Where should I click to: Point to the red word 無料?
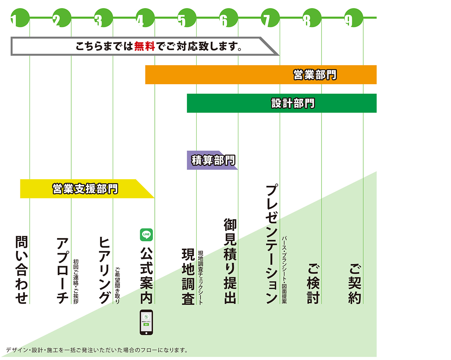tap(144, 47)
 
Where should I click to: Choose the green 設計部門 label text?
tap(293, 103)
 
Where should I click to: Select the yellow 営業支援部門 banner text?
tap(85, 189)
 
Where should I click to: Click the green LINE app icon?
tap(146, 234)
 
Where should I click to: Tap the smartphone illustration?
tap(146, 322)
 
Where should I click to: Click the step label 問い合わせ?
tap(21, 270)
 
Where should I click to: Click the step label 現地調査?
tap(188, 276)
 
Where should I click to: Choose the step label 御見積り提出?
tap(230, 261)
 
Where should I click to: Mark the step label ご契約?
tap(355, 283)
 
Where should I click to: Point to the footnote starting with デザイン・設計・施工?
tap(97, 350)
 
